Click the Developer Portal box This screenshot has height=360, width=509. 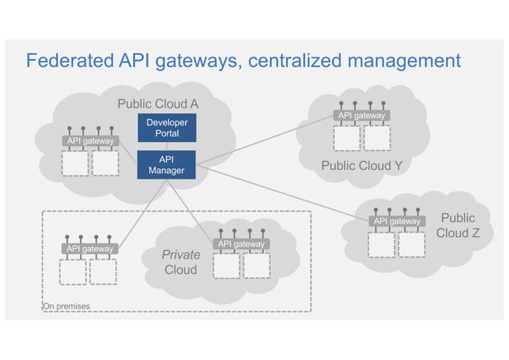(167, 128)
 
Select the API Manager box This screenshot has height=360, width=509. (167, 164)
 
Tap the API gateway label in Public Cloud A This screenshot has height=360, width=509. (90, 141)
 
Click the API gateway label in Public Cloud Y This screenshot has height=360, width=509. (361, 116)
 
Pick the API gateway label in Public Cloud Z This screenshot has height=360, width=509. (397, 221)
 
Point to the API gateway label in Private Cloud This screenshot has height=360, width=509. (241, 243)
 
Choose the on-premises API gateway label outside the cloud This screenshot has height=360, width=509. (89, 249)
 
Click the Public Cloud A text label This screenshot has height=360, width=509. (158, 104)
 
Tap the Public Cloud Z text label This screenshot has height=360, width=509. (458, 225)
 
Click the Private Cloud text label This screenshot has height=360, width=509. (181, 262)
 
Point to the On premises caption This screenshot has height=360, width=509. (67, 306)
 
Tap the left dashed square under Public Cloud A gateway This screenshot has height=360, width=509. (74, 163)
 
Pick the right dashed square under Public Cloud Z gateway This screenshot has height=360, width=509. (412, 244)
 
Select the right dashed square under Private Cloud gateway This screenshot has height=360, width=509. (256, 265)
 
